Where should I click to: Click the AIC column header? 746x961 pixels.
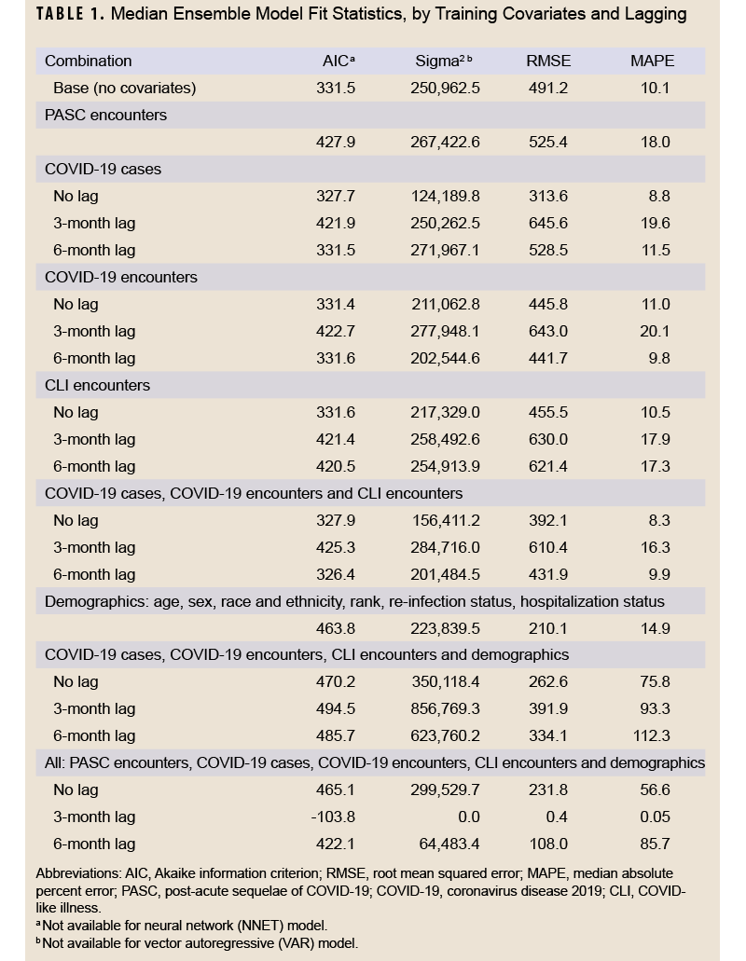[x=337, y=62]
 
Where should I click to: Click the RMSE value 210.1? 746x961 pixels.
[x=548, y=629]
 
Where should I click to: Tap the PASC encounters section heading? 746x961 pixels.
[x=105, y=116]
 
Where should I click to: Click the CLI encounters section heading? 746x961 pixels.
[x=97, y=385]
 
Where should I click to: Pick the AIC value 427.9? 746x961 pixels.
[x=336, y=143]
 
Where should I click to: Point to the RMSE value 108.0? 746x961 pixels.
[x=548, y=844]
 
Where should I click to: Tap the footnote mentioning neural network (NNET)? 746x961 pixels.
[x=182, y=927]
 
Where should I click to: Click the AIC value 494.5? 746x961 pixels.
[x=336, y=709]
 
